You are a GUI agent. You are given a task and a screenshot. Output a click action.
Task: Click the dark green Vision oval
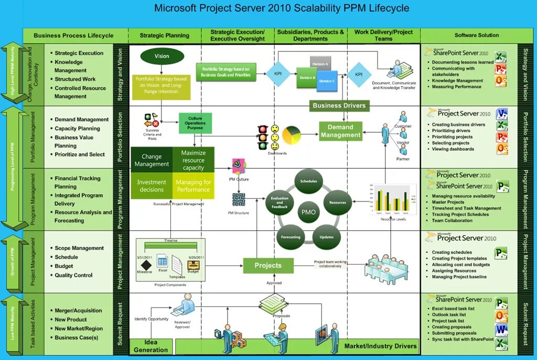[162, 56]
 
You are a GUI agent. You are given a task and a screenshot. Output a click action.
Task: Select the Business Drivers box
[339, 105]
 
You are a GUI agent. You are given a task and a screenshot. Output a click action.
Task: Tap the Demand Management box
[340, 131]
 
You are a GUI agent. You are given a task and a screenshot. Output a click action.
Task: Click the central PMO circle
[308, 213]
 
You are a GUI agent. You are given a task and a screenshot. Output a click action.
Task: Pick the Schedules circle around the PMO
[308, 182]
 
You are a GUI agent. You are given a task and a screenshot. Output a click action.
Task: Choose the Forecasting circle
[291, 237]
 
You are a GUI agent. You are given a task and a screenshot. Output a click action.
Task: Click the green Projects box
[267, 266]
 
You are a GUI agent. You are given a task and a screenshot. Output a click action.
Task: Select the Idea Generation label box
[151, 346]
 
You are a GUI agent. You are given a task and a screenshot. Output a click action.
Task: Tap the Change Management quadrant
[152, 160]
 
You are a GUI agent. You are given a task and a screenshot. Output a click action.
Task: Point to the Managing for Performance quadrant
[194, 186]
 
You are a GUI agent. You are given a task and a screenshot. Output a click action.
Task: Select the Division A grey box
[320, 63]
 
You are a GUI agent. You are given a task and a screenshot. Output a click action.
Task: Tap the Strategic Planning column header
[165, 36]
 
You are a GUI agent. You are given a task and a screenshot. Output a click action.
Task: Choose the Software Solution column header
[477, 35]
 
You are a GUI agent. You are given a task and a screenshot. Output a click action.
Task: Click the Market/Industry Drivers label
[380, 346]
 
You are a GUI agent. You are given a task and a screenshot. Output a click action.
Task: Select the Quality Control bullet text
[73, 275]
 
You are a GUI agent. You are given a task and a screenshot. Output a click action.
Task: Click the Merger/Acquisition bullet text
[79, 311]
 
